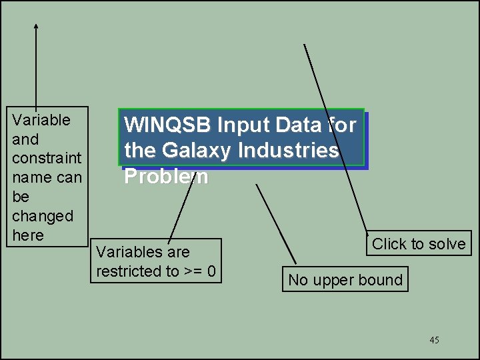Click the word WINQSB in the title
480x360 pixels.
point(167,125)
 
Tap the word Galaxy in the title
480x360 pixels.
point(191,151)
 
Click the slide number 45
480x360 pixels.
point(434,341)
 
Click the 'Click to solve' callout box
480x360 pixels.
point(419,244)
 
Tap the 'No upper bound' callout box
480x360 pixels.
point(345,280)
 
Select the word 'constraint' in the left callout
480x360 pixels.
point(47,159)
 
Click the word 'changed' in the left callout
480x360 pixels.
point(43,216)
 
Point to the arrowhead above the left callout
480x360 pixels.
point(36,27)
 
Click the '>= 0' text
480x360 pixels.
point(202,272)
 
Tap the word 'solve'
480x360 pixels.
point(448,244)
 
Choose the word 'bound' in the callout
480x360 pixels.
point(382,280)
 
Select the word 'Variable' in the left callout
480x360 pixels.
point(41,121)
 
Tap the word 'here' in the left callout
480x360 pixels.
point(28,235)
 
